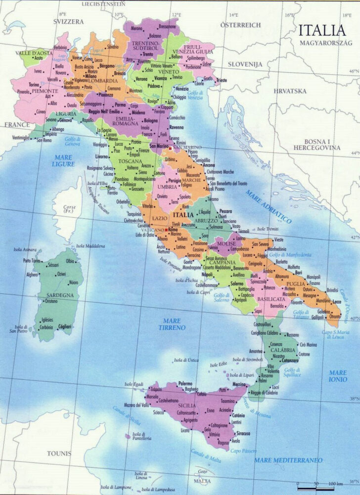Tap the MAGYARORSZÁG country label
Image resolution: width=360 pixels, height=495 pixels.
coord(324,43)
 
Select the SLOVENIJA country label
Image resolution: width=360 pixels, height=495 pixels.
coord(245,64)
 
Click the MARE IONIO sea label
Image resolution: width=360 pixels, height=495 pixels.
coord(338,376)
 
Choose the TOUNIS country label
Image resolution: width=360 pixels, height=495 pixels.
coord(59,453)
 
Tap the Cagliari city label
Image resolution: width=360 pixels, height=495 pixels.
coord(64,327)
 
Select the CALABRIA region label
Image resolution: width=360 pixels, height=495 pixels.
coord(282,350)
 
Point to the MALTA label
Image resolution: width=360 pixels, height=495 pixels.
coord(201,481)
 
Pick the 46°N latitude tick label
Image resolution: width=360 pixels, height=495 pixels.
coord(353,72)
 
